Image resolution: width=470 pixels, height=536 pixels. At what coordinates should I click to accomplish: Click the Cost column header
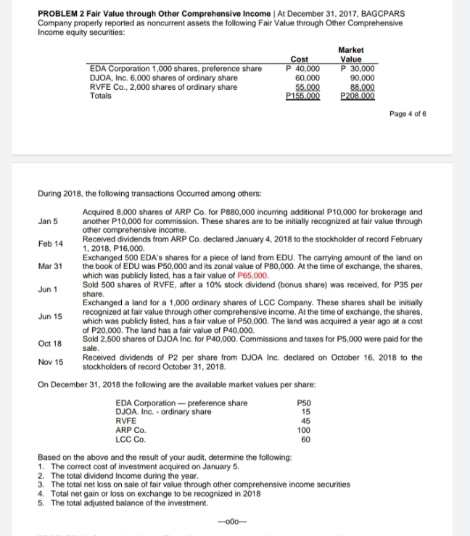click(x=299, y=62)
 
